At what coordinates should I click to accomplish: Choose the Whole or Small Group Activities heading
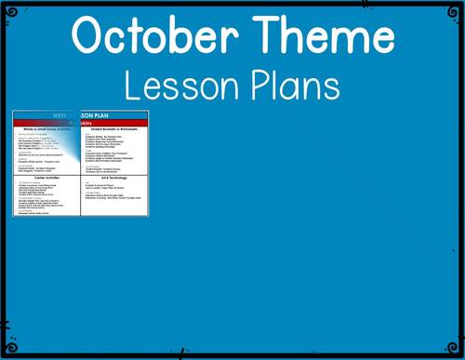click(48, 130)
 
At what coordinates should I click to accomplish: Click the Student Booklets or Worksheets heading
click(115, 130)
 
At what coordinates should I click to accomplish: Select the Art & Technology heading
click(115, 179)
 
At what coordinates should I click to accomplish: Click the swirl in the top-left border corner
click(7, 7)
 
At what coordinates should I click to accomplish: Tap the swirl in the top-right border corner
click(457, 7)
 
